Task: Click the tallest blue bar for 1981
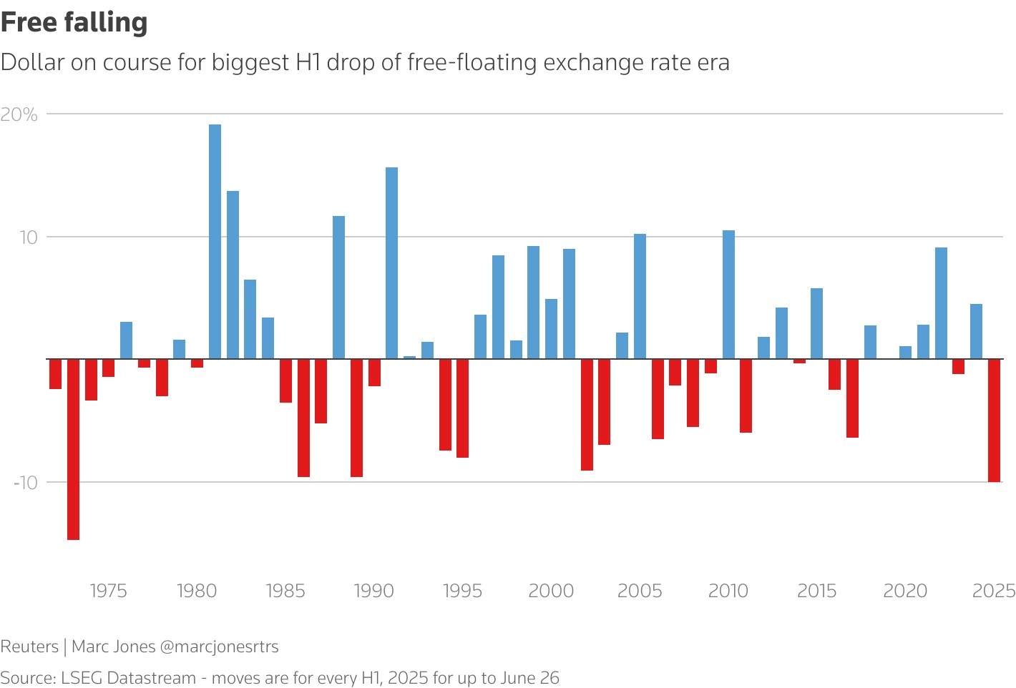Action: (x=215, y=241)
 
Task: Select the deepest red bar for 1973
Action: (x=73, y=449)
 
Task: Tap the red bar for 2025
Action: (x=994, y=421)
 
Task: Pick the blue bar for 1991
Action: (x=391, y=262)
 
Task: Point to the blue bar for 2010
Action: (x=728, y=294)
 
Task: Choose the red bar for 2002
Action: (x=587, y=415)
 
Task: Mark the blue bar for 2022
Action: (x=941, y=303)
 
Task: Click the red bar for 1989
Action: (x=356, y=418)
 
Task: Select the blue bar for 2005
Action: (x=640, y=296)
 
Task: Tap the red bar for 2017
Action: (x=852, y=398)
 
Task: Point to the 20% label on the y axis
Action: (x=19, y=114)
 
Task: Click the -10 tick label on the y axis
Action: (x=25, y=482)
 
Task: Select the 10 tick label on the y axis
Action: (x=28, y=237)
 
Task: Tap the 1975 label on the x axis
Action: (x=108, y=591)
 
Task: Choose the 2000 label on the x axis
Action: (x=551, y=591)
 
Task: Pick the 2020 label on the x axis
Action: (x=905, y=591)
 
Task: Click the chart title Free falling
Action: (x=74, y=22)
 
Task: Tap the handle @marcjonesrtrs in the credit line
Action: (x=219, y=647)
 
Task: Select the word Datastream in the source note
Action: (x=152, y=678)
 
